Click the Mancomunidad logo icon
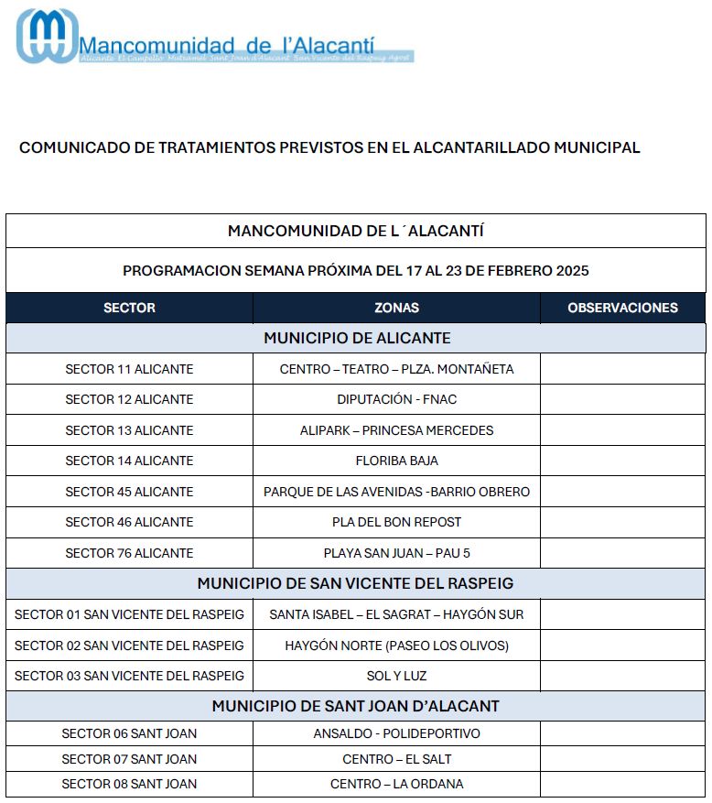(47, 37)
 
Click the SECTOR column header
(129, 308)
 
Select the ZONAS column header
(396, 308)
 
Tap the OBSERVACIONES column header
(622, 308)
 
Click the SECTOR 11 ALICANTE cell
(129, 369)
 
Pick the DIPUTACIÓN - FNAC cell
(396, 399)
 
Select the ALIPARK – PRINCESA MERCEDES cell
(396, 430)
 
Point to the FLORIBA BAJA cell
(396, 461)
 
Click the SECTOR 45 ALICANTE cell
(129, 492)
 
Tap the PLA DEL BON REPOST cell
(396, 522)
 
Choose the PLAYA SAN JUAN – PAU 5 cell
(396, 553)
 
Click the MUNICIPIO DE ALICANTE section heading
(357, 338)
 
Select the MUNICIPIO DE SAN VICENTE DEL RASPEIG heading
(355, 583)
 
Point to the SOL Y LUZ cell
(396, 676)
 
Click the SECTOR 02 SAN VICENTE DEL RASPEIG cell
(129, 646)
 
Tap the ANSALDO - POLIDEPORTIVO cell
(396, 733)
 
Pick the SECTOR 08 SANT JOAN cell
(129, 784)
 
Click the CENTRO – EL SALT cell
(396, 759)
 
